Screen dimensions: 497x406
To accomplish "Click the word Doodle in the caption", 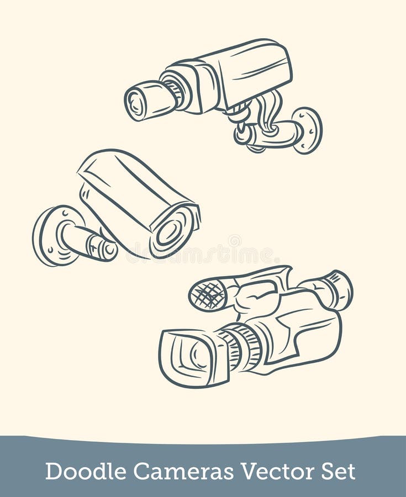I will click(x=85, y=471).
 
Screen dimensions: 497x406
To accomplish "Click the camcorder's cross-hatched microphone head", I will click(x=208, y=294).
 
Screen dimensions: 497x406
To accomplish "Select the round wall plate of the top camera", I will click(x=307, y=130).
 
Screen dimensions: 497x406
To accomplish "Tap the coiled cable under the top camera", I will click(x=264, y=113).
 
